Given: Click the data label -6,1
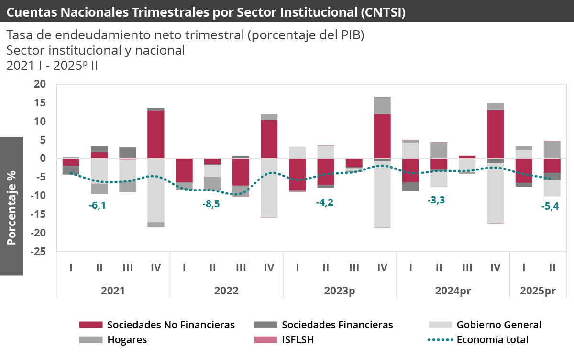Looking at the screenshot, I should pyautogui.click(x=98, y=205).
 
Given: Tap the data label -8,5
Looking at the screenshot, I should pyautogui.click(x=211, y=204).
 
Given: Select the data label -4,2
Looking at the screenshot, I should pyautogui.click(x=325, y=202).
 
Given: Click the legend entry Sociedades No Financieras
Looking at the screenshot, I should pyautogui.click(x=171, y=325).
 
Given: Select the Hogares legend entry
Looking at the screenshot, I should pyautogui.click(x=127, y=340).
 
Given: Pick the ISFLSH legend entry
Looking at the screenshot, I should pyautogui.click(x=297, y=340).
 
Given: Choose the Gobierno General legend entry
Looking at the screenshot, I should pyautogui.click(x=499, y=325).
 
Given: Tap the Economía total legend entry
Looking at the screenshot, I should pyautogui.click(x=492, y=340).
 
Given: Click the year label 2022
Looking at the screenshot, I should pyautogui.click(x=226, y=291).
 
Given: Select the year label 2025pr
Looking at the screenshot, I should pyautogui.click(x=538, y=291).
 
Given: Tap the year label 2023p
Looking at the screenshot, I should pyautogui.click(x=340, y=291).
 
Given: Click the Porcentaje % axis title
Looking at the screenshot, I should pyautogui.click(x=11, y=207).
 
